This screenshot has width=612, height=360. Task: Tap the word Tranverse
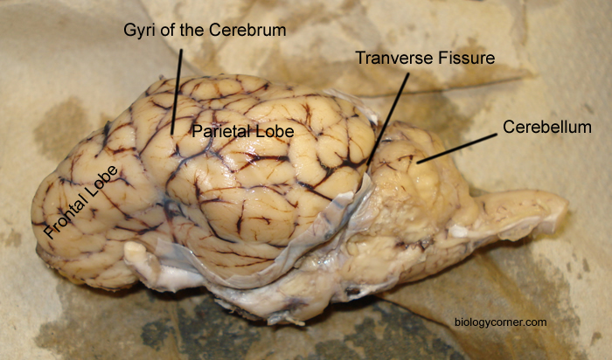click(394, 59)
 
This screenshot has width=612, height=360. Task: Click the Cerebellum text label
click(547, 128)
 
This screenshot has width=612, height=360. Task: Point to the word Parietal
click(221, 131)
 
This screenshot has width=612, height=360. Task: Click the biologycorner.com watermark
click(501, 322)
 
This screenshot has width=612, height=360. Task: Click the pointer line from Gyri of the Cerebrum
click(177, 92)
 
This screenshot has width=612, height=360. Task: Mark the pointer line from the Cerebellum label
click(457, 149)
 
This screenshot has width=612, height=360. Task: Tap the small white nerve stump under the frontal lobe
click(136, 251)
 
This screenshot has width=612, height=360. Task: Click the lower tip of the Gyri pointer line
click(171, 135)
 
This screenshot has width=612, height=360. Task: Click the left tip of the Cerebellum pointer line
click(418, 163)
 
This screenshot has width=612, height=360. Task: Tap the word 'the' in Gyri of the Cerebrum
click(191, 30)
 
